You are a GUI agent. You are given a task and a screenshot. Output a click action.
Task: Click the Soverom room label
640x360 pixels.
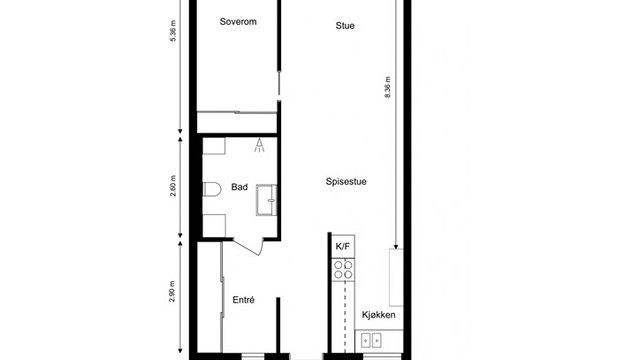point(238,22)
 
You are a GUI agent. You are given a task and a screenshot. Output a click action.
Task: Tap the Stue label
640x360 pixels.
point(345,26)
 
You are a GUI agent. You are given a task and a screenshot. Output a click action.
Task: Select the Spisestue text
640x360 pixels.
point(346,182)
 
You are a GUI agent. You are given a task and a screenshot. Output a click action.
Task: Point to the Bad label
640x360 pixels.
point(239,187)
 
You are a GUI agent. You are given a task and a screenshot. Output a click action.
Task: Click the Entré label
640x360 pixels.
point(244,300)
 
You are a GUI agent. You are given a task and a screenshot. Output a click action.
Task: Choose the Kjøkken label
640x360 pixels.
point(379,315)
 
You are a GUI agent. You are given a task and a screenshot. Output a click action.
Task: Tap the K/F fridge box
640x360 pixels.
point(343,246)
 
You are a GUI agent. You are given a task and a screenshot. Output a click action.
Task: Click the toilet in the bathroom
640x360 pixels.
point(212,189)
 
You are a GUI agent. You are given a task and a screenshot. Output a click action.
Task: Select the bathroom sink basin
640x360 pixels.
point(267,200)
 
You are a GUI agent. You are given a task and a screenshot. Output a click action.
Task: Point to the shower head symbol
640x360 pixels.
point(259,145)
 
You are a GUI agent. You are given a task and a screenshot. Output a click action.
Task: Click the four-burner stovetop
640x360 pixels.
point(343,270)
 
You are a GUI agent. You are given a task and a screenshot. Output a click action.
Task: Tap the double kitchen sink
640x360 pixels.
point(371,340)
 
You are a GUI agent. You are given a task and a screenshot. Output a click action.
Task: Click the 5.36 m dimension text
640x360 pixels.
point(173,31)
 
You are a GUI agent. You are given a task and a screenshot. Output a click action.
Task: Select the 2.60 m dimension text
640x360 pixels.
point(173,186)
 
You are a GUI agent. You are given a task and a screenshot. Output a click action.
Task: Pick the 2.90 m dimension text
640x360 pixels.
point(172,291)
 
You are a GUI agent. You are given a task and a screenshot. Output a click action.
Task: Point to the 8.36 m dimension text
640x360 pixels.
point(388,87)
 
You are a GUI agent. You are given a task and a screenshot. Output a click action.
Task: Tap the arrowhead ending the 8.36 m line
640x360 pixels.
point(396,246)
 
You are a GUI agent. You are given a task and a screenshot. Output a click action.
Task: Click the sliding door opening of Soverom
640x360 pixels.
point(279,84)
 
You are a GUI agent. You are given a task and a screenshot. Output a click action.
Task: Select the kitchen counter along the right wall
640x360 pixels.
point(396,277)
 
